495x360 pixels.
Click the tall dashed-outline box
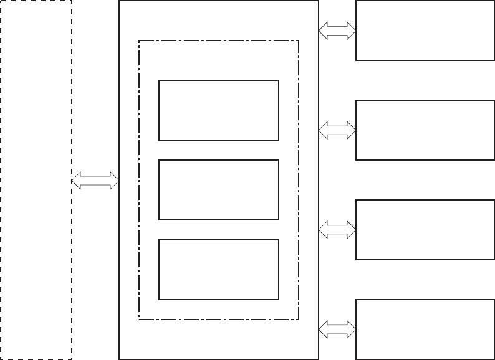pos(36,179)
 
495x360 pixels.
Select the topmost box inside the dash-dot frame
pos(218,110)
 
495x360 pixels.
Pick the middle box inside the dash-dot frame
pos(218,190)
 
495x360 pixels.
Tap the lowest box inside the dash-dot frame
pos(218,270)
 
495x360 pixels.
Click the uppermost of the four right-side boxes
pos(425,31)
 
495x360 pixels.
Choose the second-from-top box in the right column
pos(425,130)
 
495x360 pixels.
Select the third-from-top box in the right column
pos(425,230)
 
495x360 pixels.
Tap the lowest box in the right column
pos(425,329)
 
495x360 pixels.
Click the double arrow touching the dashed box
pos(95,181)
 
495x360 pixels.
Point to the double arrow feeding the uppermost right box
pos(337,31)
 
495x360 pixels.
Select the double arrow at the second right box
pos(337,130)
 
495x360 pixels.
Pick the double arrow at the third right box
pos(337,230)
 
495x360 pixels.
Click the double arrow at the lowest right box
pos(337,329)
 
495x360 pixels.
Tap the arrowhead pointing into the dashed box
pos(76,181)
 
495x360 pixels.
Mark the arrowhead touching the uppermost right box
pos(352,31)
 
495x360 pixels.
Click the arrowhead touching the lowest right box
pos(352,329)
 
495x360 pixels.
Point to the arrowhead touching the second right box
pos(352,130)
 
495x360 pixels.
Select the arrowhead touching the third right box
pos(352,230)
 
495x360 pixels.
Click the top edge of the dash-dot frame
pos(218,41)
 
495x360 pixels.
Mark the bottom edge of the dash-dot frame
pos(218,320)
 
